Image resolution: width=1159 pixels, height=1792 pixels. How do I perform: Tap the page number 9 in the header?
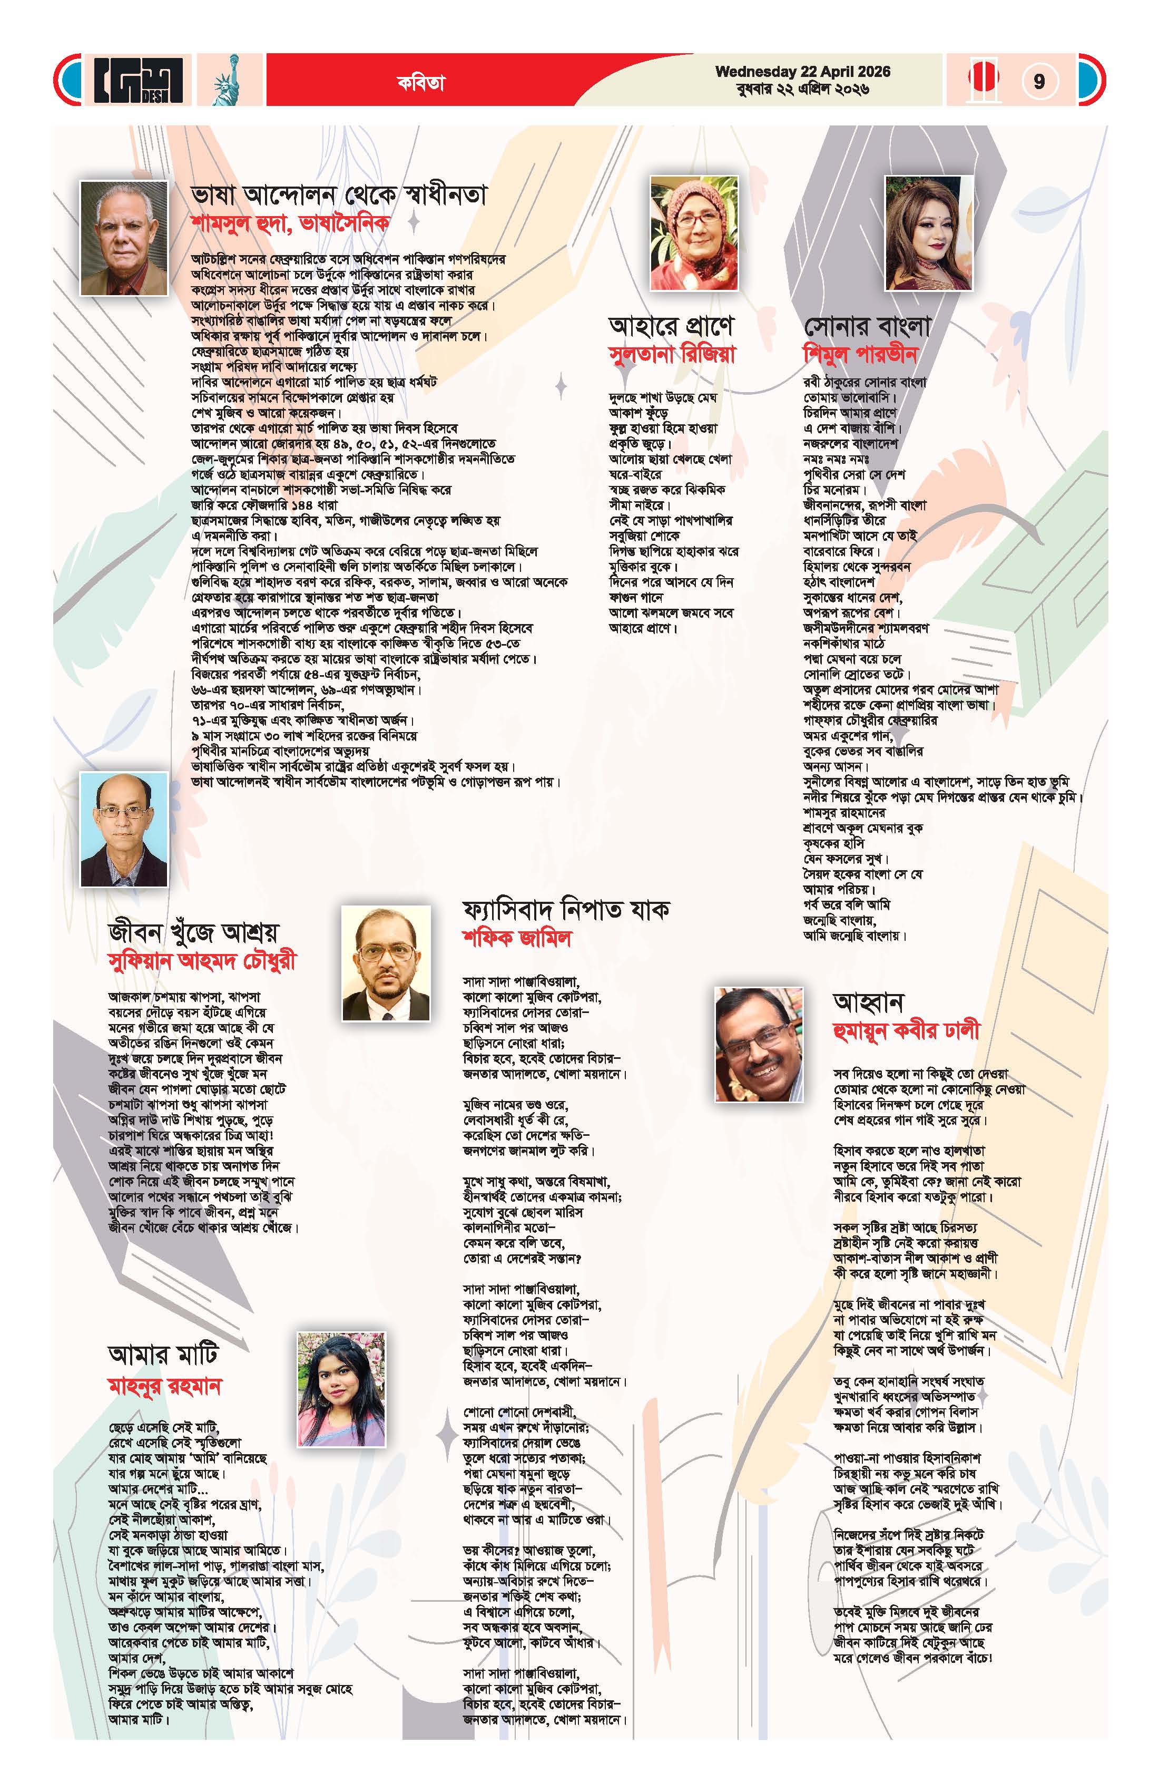[1038, 81]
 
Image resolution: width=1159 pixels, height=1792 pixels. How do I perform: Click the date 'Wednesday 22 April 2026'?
[802, 72]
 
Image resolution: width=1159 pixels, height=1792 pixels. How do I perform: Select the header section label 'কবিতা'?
[421, 83]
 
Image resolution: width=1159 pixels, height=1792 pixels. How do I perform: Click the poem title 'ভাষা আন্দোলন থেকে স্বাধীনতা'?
[339, 195]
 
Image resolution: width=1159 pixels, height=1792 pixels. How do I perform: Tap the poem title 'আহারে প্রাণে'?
[671, 327]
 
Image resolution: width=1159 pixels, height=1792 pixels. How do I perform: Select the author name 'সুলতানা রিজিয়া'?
[671, 354]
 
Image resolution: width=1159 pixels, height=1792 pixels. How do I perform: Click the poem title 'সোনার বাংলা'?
[867, 327]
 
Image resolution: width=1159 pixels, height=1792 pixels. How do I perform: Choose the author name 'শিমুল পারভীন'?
[861, 354]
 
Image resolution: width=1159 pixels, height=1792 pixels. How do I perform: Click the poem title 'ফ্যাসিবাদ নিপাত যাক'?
[566, 910]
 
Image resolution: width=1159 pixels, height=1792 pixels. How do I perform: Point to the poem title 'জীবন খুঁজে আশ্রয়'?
[193, 933]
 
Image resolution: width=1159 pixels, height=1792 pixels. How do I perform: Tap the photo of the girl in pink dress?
[340, 1390]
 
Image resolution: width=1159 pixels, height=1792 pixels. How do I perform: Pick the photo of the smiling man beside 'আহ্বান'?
[758, 1044]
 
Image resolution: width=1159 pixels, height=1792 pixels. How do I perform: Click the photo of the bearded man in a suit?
[386, 963]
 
